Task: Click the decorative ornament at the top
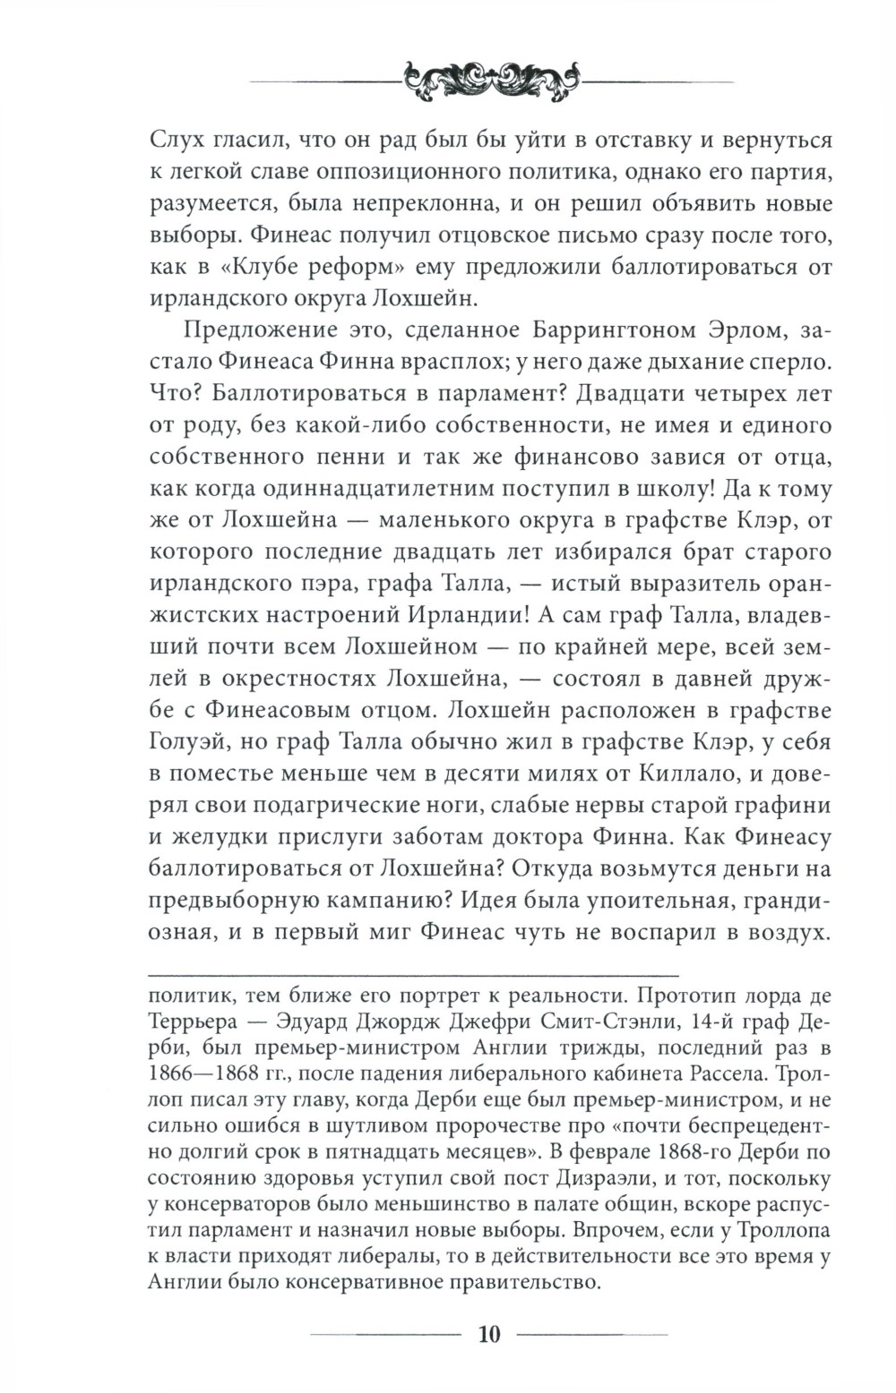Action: point(489,81)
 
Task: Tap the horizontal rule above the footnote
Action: point(412,973)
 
